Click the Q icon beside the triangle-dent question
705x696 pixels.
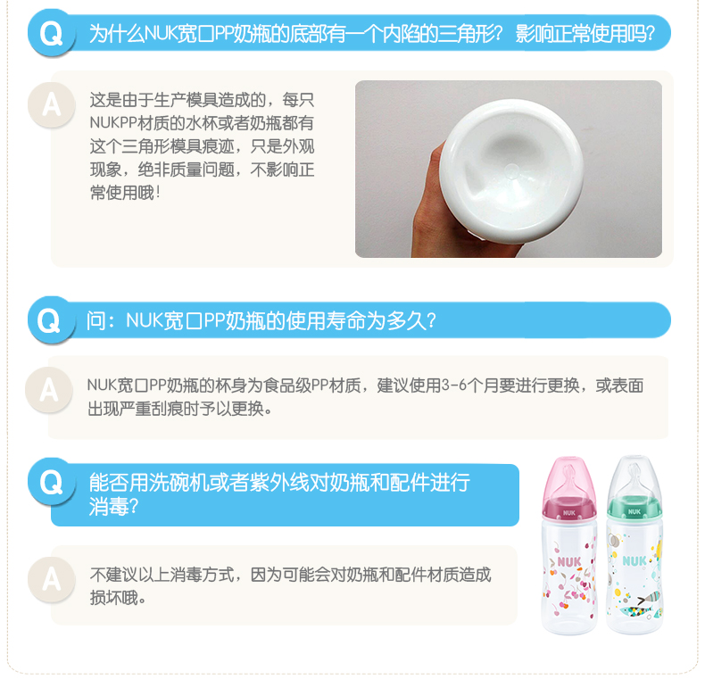51,33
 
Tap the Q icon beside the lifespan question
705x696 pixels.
49,320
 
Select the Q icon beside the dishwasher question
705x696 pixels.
51,482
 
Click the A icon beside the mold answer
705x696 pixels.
51,104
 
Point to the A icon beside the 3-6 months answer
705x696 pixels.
48,389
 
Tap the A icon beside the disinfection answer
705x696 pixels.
51,579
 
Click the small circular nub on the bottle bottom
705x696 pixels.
511,170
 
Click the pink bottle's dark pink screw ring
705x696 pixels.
569,509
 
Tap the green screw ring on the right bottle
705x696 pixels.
634,507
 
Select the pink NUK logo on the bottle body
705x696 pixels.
569,561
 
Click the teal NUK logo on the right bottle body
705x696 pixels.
634,560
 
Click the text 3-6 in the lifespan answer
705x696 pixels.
454,385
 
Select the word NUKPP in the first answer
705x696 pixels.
113,123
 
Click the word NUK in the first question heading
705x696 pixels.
161,34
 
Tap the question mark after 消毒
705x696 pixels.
134,507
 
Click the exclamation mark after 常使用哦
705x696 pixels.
158,193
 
